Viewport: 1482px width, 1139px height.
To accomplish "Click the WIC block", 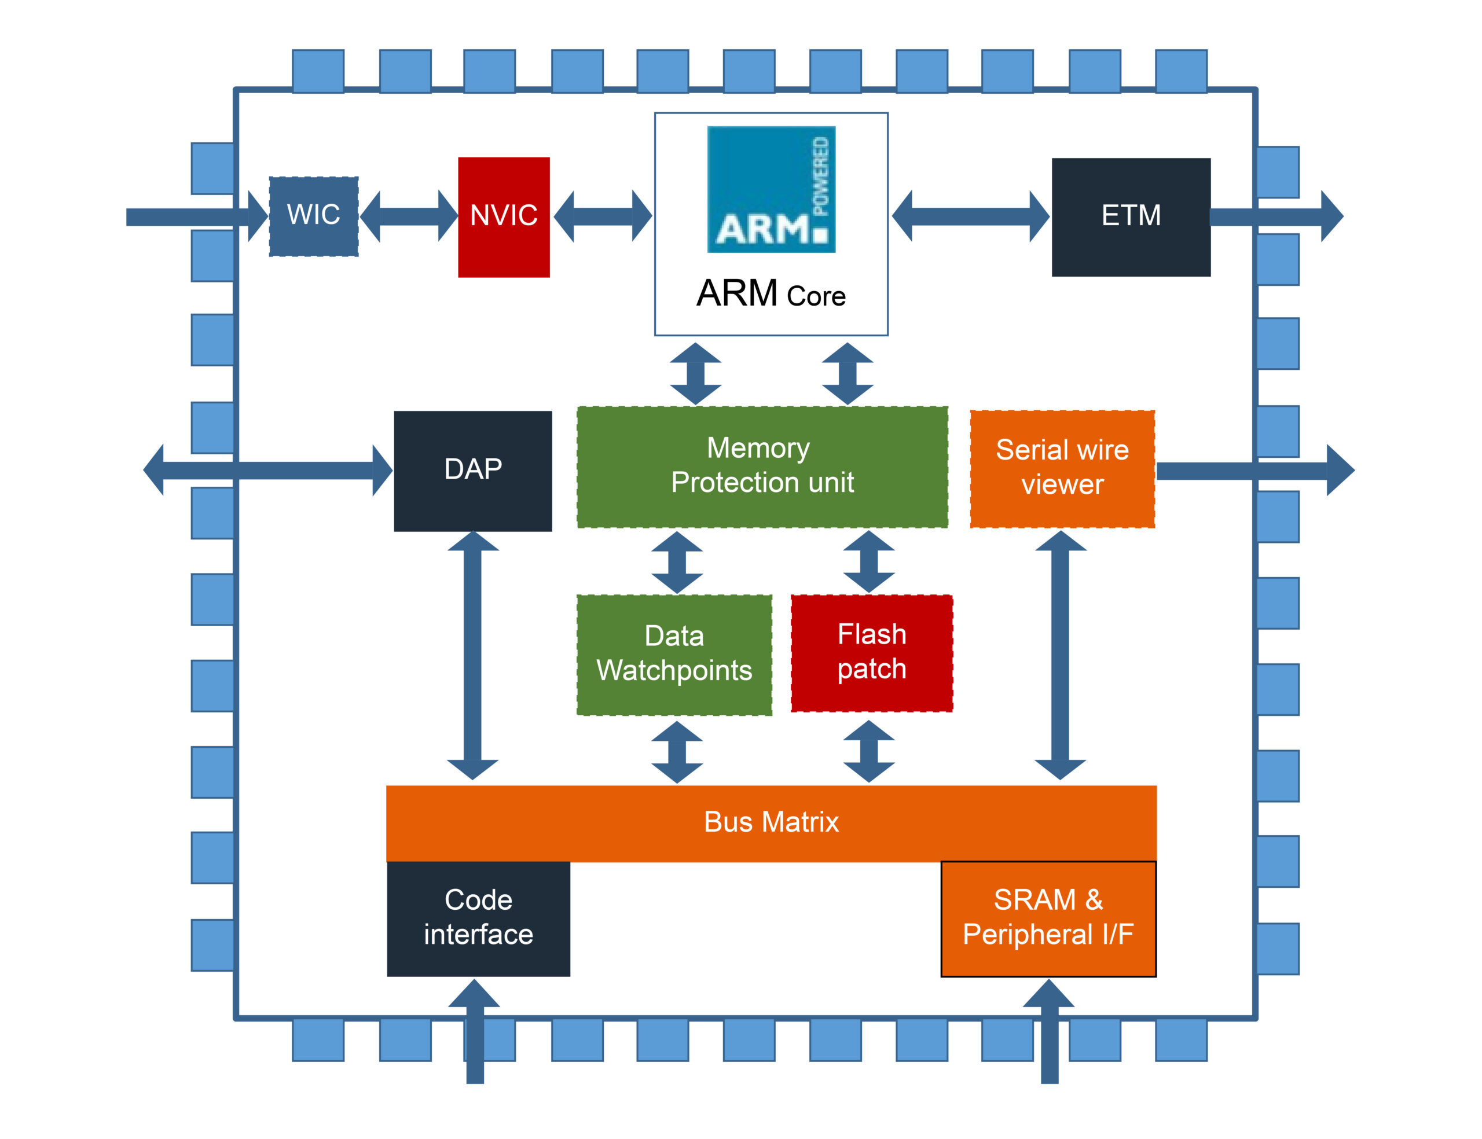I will coord(313,216).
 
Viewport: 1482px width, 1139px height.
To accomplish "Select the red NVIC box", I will coord(503,216).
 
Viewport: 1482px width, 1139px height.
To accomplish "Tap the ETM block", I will coord(1130,216).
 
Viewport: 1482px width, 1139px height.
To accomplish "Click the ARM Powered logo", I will coord(771,189).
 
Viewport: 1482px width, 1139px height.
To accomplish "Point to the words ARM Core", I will coord(771,294).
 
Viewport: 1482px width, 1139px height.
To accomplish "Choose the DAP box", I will coord(472,471).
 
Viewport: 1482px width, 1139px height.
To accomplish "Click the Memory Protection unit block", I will coord(761,466).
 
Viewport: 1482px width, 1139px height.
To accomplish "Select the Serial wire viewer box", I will coord(1062,468).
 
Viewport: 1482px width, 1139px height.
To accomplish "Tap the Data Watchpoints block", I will coord(674,654).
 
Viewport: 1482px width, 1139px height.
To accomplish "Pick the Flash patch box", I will coord(871,653).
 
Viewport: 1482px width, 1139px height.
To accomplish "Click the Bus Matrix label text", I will coord(771,822).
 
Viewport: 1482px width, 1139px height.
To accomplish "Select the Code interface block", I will coord(478,918).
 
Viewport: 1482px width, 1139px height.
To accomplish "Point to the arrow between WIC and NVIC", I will coord(408,216).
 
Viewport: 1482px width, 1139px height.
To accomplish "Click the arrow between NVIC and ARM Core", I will coord(602,216).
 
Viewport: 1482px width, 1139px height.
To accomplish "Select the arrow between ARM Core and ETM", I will coord(970,216).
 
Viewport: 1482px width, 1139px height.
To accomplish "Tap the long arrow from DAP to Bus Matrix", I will coord(472,655).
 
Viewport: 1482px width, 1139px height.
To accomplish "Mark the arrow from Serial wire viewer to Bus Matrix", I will coord(1061,655).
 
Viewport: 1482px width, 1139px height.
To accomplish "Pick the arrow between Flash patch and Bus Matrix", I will coord(868,751).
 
